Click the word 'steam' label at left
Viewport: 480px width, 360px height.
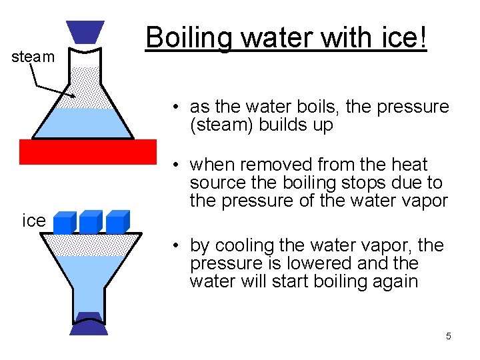33,57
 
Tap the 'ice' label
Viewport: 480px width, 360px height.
33,221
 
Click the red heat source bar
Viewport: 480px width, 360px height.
88,151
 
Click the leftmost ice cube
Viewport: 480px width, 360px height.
64,223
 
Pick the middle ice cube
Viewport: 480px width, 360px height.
90,223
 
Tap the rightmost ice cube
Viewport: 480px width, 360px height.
117,223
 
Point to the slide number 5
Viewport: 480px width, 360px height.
449,337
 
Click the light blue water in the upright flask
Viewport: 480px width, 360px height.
87,124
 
